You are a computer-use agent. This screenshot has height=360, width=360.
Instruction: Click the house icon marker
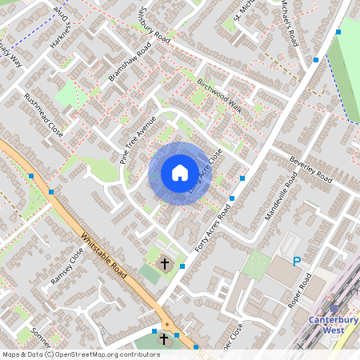(x=180, y=173)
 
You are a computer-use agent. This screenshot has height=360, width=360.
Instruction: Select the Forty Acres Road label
(x=210, y=227)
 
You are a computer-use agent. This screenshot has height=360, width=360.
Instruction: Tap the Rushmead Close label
(x=43, y=114)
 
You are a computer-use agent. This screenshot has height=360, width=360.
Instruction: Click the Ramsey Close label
(x=66, y=266)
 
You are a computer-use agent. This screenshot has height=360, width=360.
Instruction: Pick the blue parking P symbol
(x=297, y=261)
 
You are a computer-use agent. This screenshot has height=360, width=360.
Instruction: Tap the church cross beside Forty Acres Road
(x=166, y=262)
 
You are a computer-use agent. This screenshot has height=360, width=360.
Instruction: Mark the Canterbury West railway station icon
(x=334, y=307)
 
